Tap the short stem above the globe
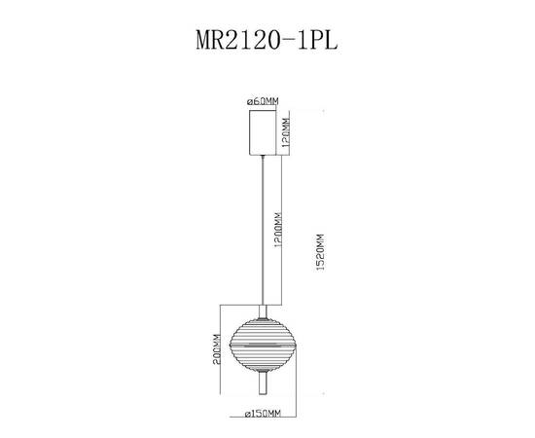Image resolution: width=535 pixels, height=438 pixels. [x=262, y=309]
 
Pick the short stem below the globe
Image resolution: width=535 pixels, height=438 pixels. [x=262, y=385]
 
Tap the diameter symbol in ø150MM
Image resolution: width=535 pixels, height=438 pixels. [x=249, y=414]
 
